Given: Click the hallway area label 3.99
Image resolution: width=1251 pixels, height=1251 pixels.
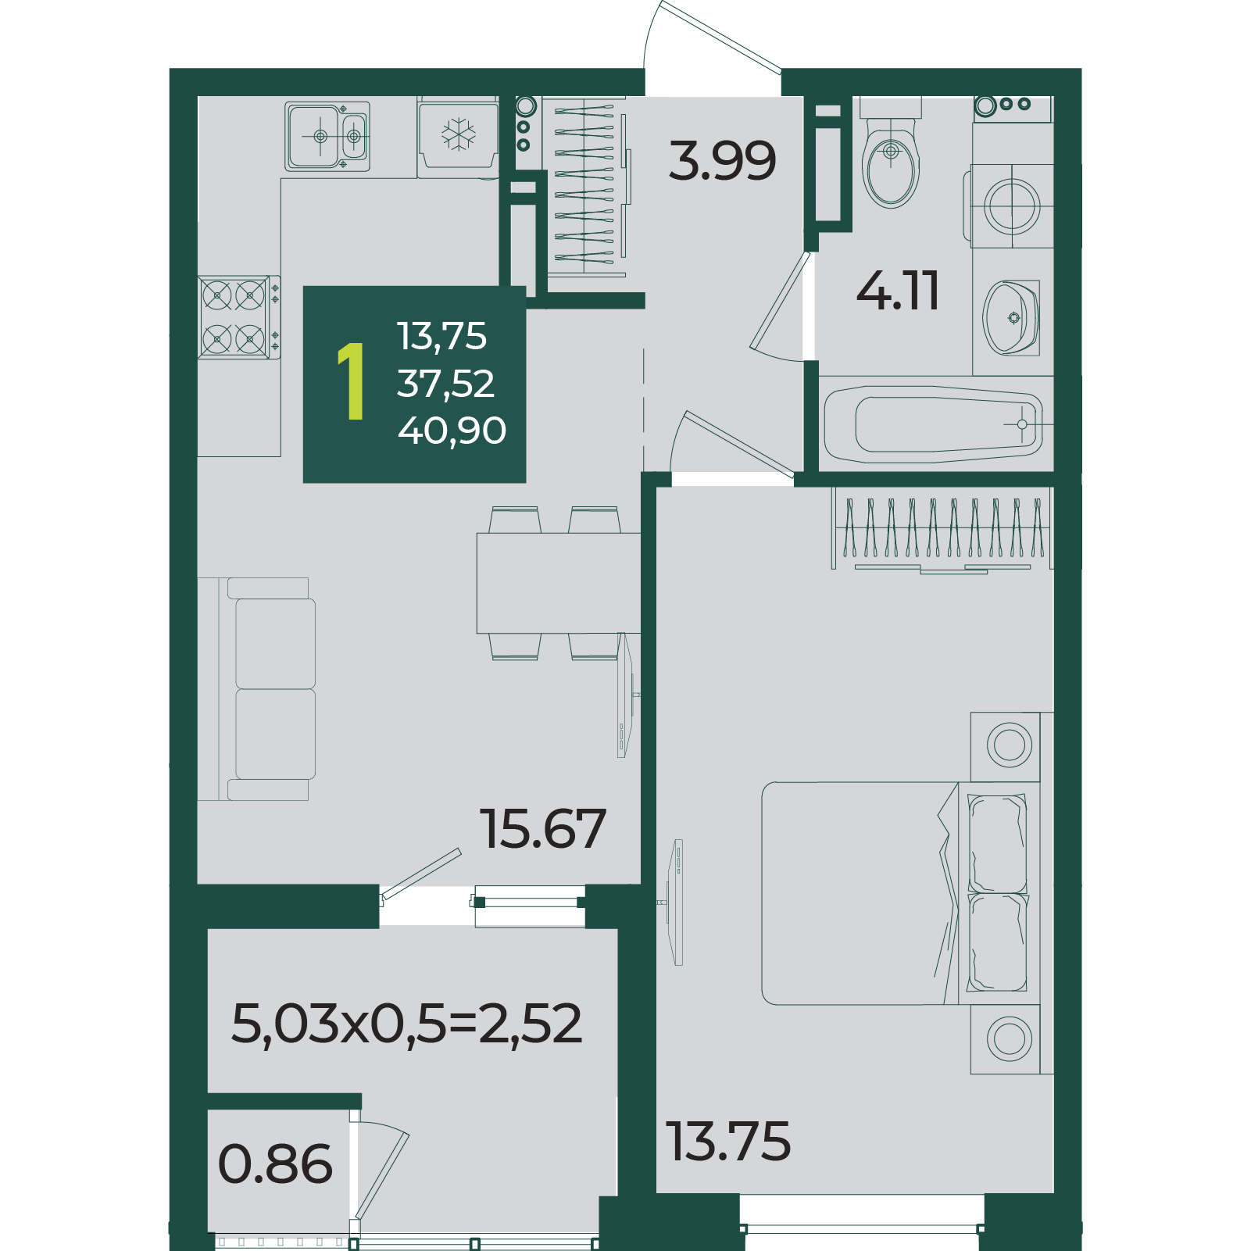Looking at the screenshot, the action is [723, 160].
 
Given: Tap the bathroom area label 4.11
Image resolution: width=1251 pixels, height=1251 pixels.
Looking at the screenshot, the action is [898, 291].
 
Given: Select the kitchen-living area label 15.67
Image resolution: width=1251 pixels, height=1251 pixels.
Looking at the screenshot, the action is [543, 828].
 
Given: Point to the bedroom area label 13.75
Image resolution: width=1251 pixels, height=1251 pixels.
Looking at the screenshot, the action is [728, 1141].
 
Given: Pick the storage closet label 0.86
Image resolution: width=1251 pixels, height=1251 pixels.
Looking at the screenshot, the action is [275, 1164].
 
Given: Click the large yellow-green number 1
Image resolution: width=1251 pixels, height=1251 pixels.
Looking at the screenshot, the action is [352, 381].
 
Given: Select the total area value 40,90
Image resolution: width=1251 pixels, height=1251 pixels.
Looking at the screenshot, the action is [452, 431].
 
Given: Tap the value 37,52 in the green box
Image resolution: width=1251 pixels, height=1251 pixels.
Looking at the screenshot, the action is [445, 384].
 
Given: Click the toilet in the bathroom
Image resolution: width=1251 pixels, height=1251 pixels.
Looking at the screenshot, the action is [891, 152].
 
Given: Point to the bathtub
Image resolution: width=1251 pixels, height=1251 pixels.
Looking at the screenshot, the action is [934, 424].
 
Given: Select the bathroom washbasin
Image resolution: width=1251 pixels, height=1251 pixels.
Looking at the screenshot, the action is [1011, 317].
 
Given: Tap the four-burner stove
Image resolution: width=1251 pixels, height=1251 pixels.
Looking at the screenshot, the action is [239, 317].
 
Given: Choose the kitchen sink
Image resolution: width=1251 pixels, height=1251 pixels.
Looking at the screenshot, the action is [327, 137].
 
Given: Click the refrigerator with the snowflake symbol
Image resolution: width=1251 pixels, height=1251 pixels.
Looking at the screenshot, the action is [459, 137].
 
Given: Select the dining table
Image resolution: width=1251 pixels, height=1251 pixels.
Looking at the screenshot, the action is [559, 583].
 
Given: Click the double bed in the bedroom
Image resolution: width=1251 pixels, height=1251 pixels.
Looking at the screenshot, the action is [900, 893].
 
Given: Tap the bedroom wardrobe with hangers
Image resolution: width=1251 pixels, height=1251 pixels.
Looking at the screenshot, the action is [942, 530].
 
